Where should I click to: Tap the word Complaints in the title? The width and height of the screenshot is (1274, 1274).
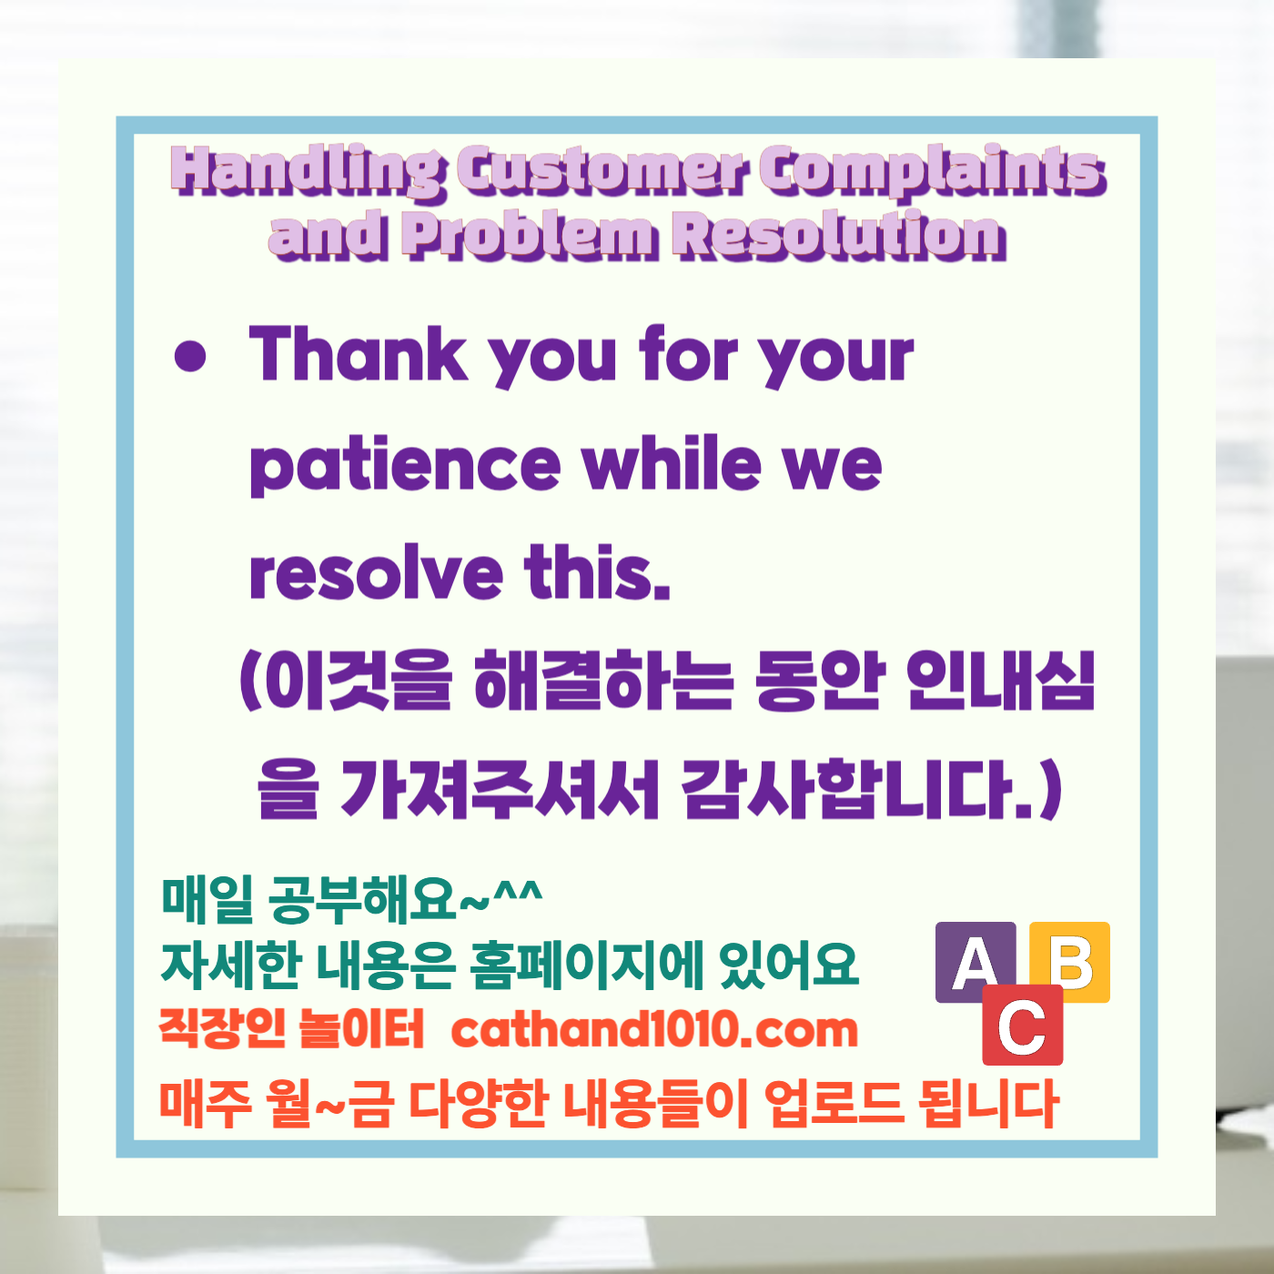(x=932, y=171)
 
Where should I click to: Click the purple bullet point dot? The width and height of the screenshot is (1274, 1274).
(x=190, y=358)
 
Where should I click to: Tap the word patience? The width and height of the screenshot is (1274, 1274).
(x=405, y=466)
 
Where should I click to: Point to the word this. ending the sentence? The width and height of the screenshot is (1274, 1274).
(x=597, y=573)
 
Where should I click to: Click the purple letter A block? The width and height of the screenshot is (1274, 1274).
(x=976, y=961)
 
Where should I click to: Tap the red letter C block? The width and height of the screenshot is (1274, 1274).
(x=1022, y=1026)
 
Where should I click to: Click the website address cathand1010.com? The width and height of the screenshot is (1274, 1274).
(x=654, y=1030)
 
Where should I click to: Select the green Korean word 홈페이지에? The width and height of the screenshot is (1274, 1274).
(x=587, y=965)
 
